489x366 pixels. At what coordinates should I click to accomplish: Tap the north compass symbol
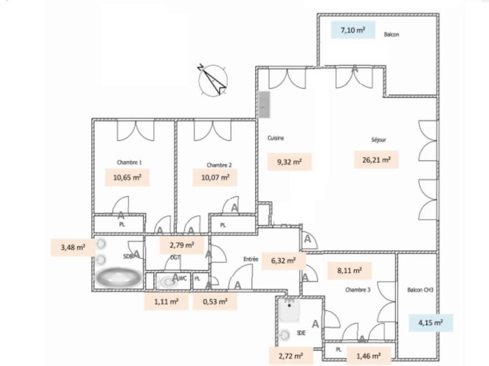[x=211, y=79]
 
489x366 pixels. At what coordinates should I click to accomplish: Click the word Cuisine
[x=276, y=138]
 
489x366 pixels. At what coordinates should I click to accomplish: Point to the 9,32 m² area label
[x=291, y=162]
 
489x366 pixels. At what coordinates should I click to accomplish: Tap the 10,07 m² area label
[x=215, y=178]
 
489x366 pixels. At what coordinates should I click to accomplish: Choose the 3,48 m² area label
[x=73, y=248]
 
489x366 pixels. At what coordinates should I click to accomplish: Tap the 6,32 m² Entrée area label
[x=283, y=260]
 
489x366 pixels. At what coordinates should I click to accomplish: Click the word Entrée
[x=251, y=260]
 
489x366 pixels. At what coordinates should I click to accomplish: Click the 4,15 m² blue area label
[x=430, y=321]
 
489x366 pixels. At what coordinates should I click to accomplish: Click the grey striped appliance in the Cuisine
[x=265, y=106]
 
